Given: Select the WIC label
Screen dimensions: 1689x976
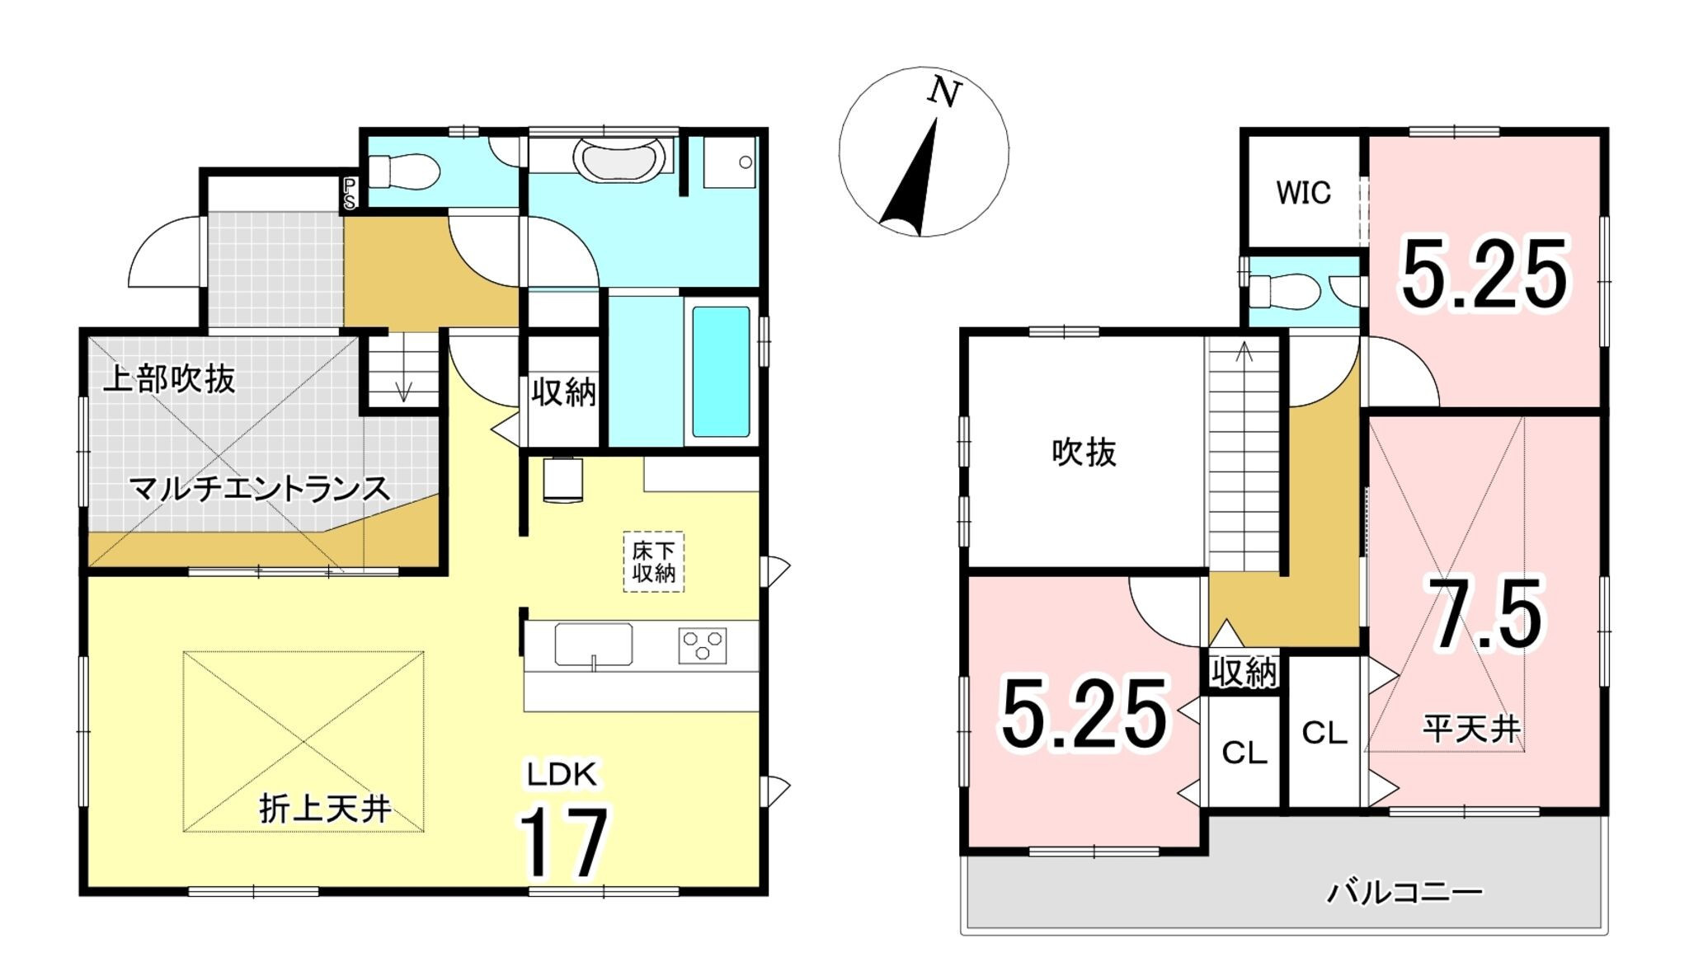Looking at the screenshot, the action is click(x=1303, y=193).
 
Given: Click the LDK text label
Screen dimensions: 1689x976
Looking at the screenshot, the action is click(x=562, y=775).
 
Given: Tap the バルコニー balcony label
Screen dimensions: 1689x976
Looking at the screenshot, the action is click(x=1404, y=892).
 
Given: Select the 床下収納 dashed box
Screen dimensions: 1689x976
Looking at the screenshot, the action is click(x=653, y=561).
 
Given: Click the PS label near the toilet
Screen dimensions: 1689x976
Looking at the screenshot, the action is click(x=350, y=193).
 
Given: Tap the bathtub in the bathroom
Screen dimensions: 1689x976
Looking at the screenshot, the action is click(x=721, y=371).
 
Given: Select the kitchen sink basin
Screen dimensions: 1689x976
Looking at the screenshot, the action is click(x=594, y=645).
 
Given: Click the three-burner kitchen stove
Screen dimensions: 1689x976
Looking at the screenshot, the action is click(x=703, y=645).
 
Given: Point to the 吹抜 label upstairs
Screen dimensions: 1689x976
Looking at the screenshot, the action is click(x=1084, y=453).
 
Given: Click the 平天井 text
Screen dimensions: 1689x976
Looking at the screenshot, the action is click(x=1471, y=729).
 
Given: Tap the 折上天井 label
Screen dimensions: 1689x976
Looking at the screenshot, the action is click(x=325, y=809).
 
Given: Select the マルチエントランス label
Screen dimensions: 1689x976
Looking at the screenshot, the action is click(x=259, y=490).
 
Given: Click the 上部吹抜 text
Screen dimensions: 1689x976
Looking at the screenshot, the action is click(x=169, y=379).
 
